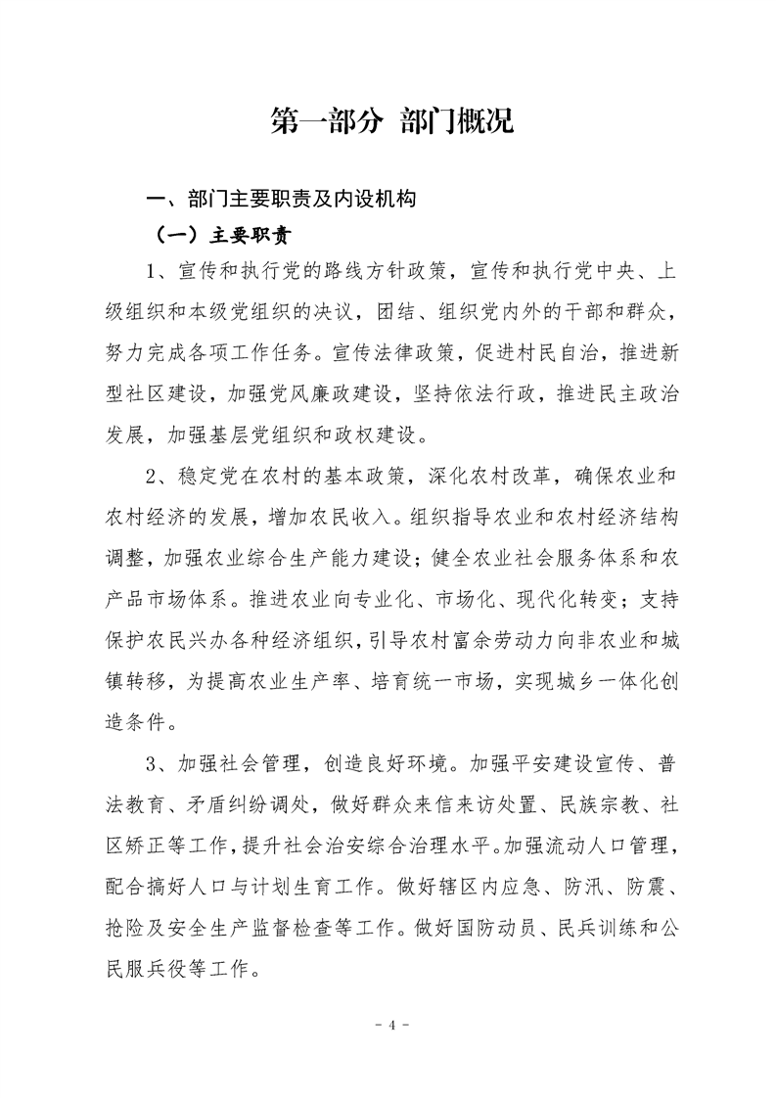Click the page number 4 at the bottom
pos(388,1026)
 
